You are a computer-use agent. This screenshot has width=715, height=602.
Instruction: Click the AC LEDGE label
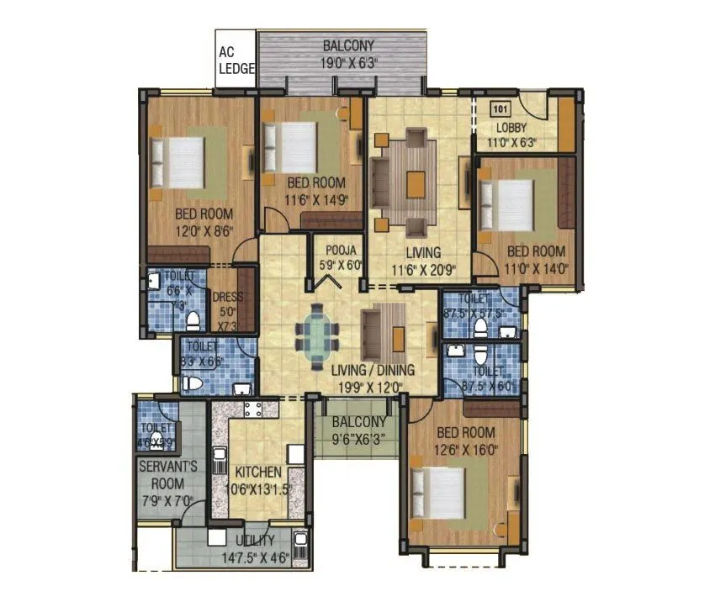coord(236,61)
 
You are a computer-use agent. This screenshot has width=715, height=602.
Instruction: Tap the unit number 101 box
coord(500,108)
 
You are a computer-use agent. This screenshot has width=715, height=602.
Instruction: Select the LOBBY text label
coord(511,128)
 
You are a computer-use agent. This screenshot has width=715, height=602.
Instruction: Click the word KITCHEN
coord(258,473)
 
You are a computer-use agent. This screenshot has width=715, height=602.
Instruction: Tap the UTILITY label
coord(255,541)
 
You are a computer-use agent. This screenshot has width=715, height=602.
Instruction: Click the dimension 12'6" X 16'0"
coord(465,449)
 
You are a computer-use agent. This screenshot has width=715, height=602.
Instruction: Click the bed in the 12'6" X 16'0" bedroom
coord(437,496)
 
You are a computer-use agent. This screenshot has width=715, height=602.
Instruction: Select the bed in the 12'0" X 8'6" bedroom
coord(177,161)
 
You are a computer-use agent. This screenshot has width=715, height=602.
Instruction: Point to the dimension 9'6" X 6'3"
coord(358,438)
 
